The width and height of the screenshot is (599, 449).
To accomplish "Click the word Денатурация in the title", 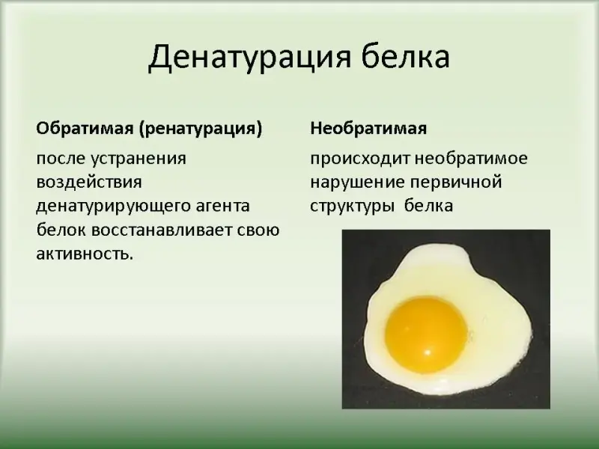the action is [249, 58].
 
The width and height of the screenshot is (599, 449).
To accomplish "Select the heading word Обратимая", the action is [85, 128].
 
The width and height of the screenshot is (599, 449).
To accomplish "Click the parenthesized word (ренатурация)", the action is [200, 129].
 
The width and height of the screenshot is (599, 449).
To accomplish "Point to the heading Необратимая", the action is [368, 128].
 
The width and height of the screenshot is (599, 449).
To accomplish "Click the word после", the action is [61, 158].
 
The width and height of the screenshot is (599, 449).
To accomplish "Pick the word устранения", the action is [139, 159].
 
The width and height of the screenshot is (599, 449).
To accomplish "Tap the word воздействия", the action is [89, 182].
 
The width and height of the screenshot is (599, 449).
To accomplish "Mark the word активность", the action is [85, 254].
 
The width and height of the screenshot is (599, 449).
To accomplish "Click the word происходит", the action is [359, 159].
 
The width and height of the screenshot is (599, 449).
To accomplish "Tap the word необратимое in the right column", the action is [471, 158].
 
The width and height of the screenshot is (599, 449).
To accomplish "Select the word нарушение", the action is [357, 183].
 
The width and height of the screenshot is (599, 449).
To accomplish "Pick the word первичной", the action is [456, 183].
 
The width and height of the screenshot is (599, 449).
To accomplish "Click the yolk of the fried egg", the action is [426, 335].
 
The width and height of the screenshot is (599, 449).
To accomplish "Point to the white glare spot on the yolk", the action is [428, 352].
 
